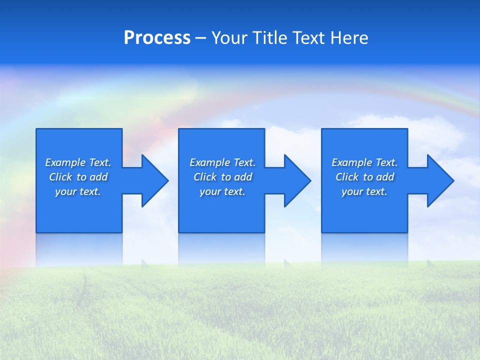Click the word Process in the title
pyautogui.click(x=157, y=38)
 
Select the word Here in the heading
pyautogui.click(x=349, y=38)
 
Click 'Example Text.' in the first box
pyautogui.click(x=78, y=162)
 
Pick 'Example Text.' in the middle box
pyautogui.click(x=222, y=162)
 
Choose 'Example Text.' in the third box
pyautogui.click(x=364, y=162)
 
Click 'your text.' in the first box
pyautogui.click(x=78, y=191)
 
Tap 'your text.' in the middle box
pyautogui.click(x=222, y=191)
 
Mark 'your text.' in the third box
pyautogui.click(x=364, y=191)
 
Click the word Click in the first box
pyautogui.click(x=60, y=177)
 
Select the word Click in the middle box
pyautogui.click(x=205, y=177)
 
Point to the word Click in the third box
pyautogui.click(x=347, y=177)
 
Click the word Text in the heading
pyautogui.click(x=307, y=38)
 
